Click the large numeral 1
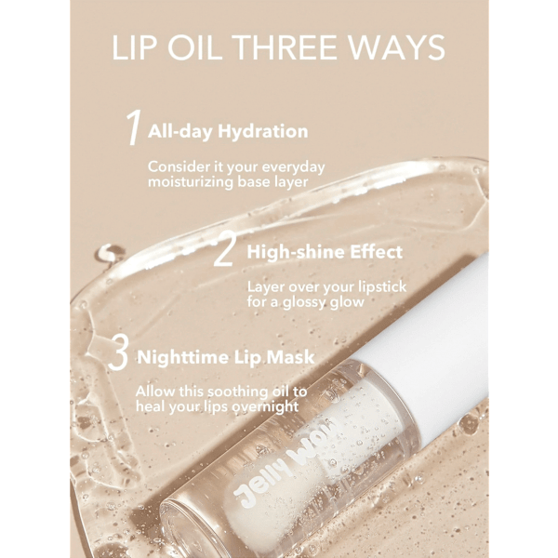134,127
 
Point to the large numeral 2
224,248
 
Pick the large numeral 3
118,352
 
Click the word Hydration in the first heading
263,131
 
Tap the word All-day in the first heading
180,131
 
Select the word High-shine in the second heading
296,252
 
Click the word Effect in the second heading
376,252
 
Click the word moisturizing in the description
191,182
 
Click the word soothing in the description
238,392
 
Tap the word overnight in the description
265,406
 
